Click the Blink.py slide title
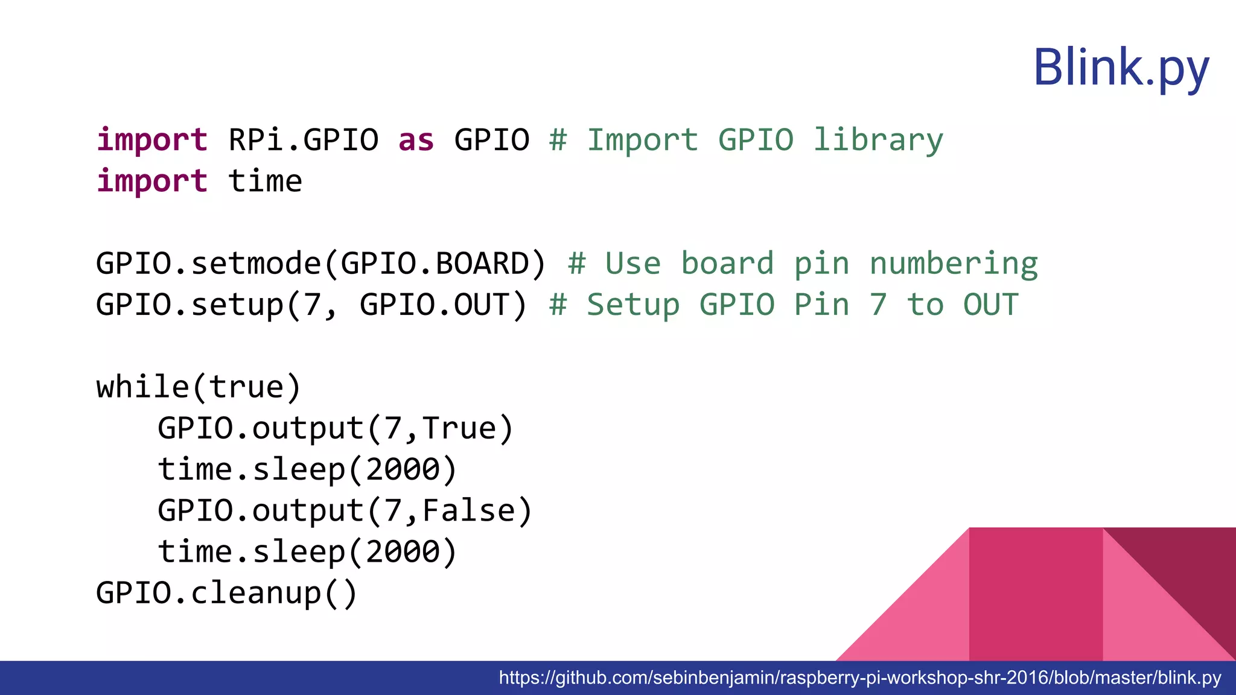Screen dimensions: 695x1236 (x=1121, y=68)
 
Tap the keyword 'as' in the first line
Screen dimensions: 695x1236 (x=416, y=140)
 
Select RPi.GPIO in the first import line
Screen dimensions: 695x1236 (x=303, y=140)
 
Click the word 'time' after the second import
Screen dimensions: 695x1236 (x=265, y=181)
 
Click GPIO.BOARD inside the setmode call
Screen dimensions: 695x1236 (x=435, y=264)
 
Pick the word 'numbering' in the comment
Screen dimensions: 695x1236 (x=954, y=264)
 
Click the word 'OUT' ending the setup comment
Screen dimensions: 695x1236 (x=990, y=305)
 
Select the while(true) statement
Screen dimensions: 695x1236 (x=199, y=387)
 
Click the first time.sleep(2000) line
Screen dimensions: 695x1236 (x=307, y=470)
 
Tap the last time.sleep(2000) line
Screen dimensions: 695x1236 (x=307, y=552)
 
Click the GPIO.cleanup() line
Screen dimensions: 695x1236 (x=227, y=593)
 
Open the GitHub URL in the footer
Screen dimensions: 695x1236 (x=860, y=678)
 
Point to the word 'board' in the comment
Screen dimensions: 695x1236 (x=727, y=264)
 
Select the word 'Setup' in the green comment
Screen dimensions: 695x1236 (x=632, y=305)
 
